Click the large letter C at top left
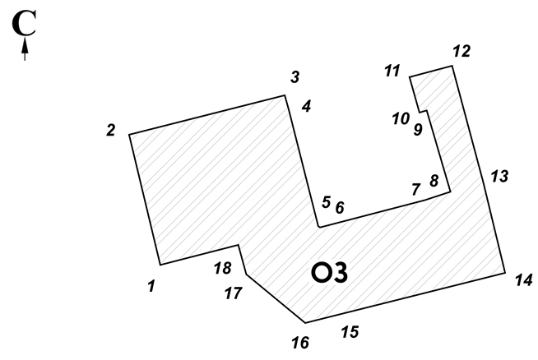(24, 23)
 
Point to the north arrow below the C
(25, 49)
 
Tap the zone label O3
(329, 273)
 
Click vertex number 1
(151, 286)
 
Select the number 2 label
(110, 131)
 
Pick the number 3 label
(295, 76)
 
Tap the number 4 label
(306, 106)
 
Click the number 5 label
(327, 202)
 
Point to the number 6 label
(340, 208)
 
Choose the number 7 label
(416, 189)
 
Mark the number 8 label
(434, 181)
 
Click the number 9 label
(418, 130)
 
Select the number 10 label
(401, 119)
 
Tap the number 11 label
(392, 71)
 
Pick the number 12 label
(461, 51)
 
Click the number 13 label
(499, 176)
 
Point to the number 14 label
(523, 280)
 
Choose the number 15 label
(350, 331)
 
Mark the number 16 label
(300, 343)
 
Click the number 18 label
(223, 268)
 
